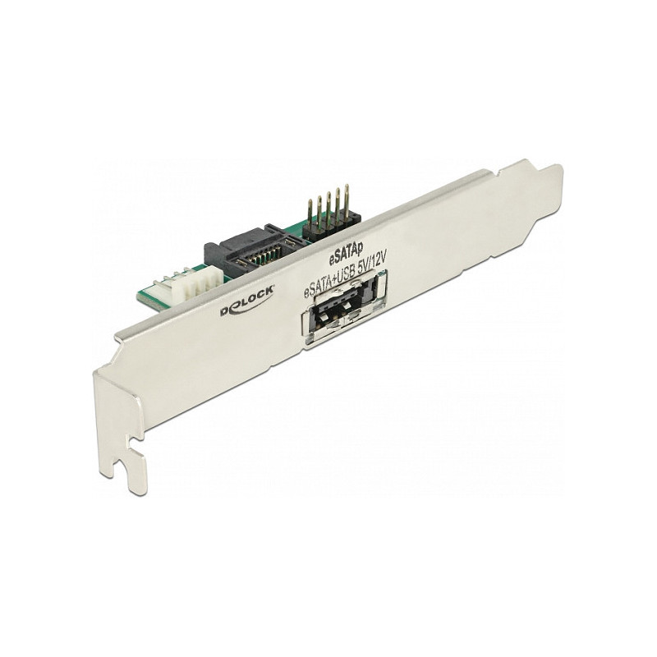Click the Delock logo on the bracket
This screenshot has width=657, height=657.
[x=247, y=300]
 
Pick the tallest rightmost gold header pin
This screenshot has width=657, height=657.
[x=347, y=200]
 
